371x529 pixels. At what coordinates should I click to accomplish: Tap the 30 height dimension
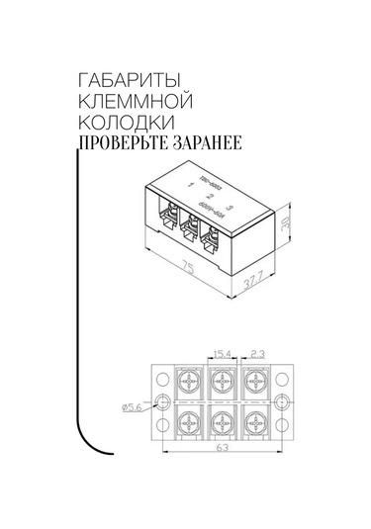pos(286,223)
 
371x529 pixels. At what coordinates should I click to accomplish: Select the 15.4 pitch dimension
pos(221,353)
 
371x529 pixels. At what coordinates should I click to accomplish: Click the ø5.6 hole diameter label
pos(135,405)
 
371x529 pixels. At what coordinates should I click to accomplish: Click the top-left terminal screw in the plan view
pos(189,381)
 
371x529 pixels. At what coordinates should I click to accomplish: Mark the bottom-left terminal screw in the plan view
pos(189,424)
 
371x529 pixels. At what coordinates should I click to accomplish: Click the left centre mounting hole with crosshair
pos(163,402)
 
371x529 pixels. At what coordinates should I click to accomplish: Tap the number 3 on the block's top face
pos(230,207)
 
